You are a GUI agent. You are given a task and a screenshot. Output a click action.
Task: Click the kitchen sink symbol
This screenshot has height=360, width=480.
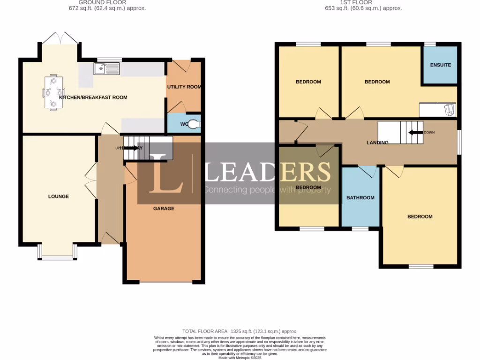click(x=106, y=69)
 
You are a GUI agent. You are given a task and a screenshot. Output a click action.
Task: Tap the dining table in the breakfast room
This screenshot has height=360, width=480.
click(x=53, y=92)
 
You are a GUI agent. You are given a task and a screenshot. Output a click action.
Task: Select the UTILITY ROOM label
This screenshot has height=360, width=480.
click(x=184, y=87)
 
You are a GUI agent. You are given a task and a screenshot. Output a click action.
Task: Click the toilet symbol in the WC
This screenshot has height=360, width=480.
click(x=194, y=124)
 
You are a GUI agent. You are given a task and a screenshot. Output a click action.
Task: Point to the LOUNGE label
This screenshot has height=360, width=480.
click(x=58, y=196)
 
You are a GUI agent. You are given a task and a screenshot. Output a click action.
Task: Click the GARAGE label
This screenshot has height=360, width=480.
click(x=164, y=208)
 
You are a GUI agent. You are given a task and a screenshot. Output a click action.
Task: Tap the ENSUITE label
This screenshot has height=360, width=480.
click(x=441, y=65)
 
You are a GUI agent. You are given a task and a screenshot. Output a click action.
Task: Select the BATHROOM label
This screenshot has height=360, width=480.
click(x=360, y=198)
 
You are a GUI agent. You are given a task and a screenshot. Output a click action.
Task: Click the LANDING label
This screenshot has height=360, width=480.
click(x=377, y=142)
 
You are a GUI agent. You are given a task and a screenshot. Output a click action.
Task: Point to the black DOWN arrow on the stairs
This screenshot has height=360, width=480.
click(x=415, y=132)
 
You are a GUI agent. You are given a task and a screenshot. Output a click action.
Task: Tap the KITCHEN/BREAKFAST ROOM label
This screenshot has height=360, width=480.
click(x=93, y=97)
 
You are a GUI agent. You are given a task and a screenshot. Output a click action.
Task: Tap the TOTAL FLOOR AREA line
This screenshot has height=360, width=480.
click(x=240, y=331)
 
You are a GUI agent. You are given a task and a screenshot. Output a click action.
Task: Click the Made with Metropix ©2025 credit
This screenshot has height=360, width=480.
click(x=240, y=357)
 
